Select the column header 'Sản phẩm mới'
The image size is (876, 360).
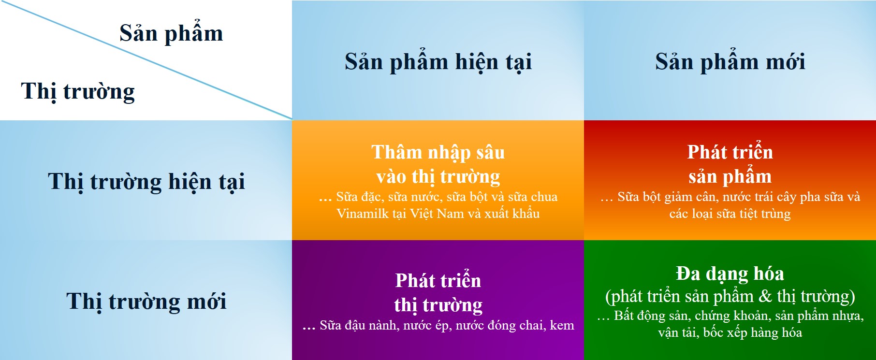pyautogui.click(x=730, y=62)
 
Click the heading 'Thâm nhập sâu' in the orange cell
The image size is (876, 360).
pyautogui.click(x=438, y=153)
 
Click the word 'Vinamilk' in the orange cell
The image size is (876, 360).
pyautogui.click(x=363, y=214)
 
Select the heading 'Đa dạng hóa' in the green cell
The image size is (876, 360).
pyautogui.click(x=730, y=274)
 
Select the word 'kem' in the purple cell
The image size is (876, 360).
pyautogui.click(x=562, y=326)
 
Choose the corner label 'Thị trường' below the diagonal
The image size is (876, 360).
pyautogui.click(x=78, y=92)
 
